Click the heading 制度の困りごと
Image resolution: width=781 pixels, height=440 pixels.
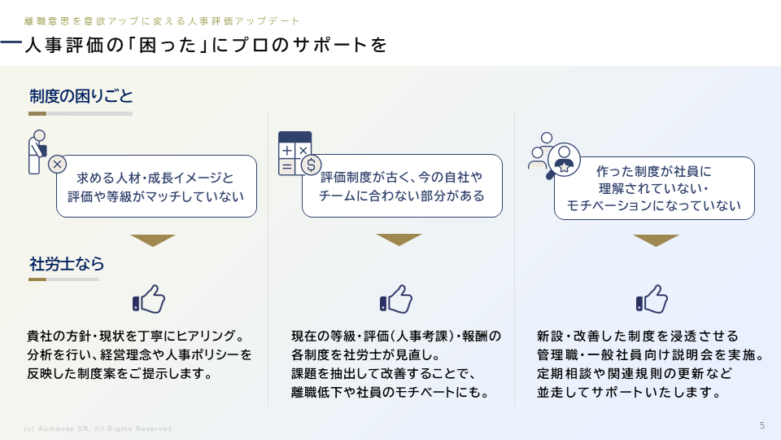[81, 96]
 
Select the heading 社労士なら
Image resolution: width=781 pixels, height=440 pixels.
[67, 263]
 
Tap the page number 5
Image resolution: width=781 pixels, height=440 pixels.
[762, 425]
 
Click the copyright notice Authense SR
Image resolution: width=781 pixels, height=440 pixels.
[99, 429]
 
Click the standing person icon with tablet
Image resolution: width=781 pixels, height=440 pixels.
[37, 152]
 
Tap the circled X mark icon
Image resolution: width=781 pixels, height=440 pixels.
[57, 164]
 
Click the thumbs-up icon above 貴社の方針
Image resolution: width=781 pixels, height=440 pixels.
[148, 299]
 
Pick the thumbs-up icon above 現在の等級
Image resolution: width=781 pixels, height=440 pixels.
[396, 299]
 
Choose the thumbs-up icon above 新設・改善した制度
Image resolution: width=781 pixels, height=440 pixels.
[652, 299]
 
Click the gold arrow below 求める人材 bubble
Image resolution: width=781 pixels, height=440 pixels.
[153, 240]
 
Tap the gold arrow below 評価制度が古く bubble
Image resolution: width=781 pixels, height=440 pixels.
[399, 240]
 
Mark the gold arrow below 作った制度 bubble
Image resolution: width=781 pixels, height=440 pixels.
[656, 240]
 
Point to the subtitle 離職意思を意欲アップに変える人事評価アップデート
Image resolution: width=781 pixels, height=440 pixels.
[162, 21]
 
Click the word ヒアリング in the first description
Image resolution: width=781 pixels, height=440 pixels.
[205, 336]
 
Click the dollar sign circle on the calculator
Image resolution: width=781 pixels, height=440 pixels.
[311, 165]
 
